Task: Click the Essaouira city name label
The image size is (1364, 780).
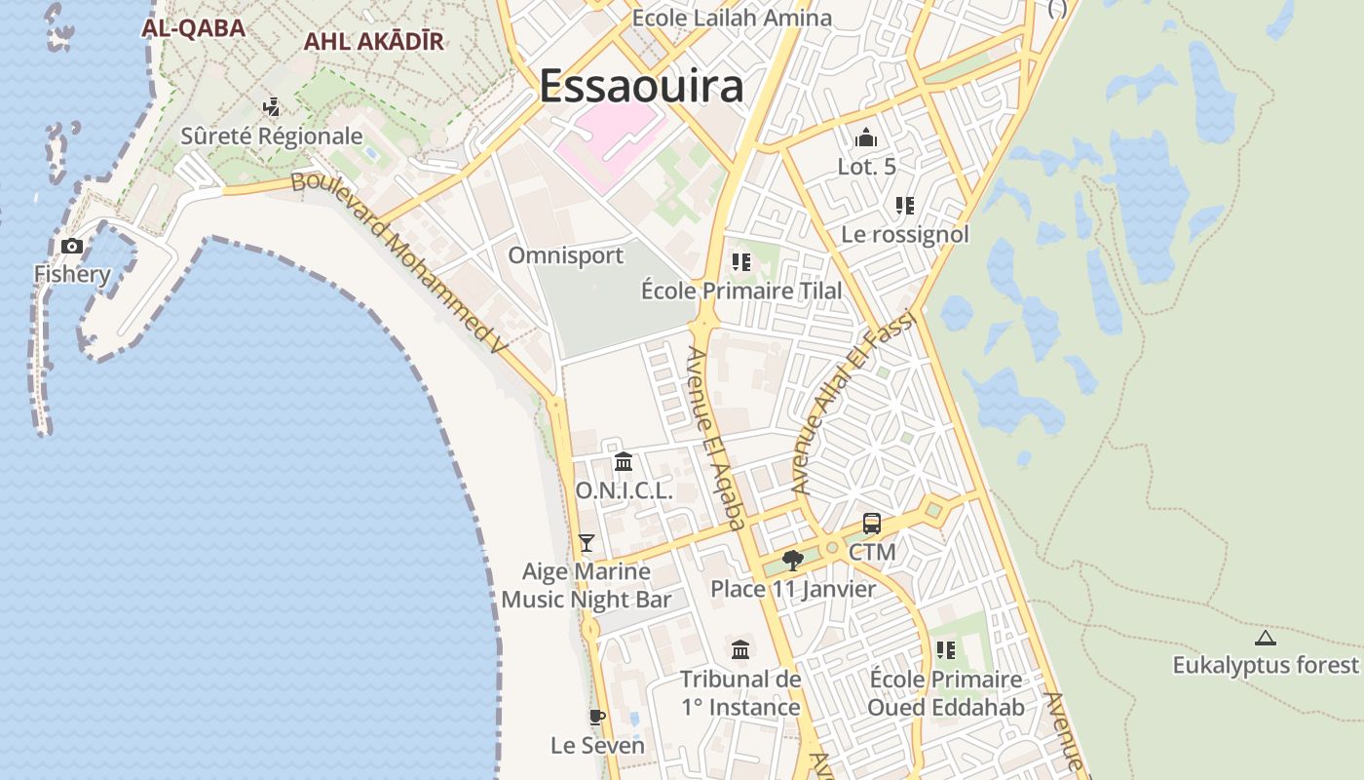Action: point(641,86)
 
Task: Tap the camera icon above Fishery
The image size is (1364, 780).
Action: point(72,246)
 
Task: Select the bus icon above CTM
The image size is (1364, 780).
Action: point(872,524)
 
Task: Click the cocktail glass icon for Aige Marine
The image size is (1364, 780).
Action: point(586,543)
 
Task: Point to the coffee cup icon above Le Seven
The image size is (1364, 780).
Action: point(597,718)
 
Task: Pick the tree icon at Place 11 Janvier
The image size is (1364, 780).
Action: point(793,560)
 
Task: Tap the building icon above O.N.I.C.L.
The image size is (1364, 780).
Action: point(624,461)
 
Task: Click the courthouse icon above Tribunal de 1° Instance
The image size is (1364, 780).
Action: point(740,649)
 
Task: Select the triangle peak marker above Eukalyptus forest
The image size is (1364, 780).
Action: point(1266,639)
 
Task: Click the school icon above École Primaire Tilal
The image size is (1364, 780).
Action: point(741,262)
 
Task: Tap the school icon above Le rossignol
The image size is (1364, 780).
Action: point(905,206)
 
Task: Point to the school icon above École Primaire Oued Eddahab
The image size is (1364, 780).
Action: point(945,650)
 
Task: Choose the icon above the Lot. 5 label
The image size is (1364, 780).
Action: point(866,138)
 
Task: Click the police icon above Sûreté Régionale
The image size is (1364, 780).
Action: point(272,106)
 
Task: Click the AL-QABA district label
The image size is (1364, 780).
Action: point(193,27)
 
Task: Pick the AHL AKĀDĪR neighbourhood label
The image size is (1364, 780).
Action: point(373,41)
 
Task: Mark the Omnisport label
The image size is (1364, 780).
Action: point(566,255)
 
